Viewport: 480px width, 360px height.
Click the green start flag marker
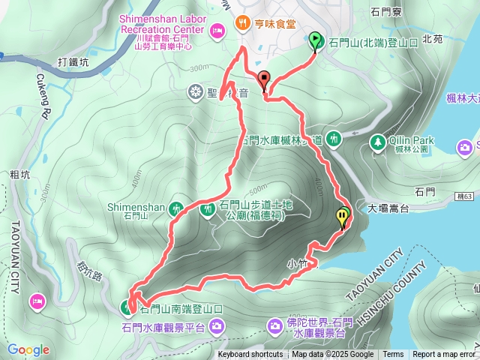click(x=315, y=40)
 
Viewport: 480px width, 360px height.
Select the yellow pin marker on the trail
click(x=343, y=217)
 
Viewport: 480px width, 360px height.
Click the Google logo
click(x=28, y=349)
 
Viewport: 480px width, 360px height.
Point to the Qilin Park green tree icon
click(x=378, y=140)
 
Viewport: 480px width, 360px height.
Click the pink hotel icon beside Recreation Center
click(x=217, y=30)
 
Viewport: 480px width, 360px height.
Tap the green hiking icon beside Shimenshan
click(x=177, y=207)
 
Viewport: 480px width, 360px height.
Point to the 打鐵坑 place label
click(x=73, y=64)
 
